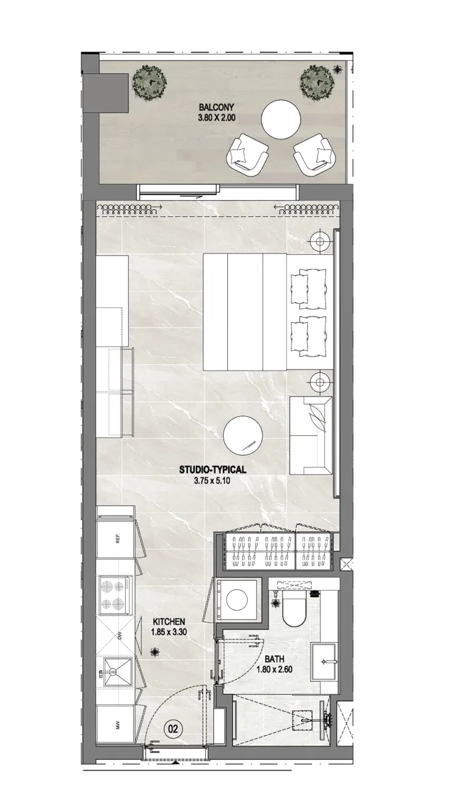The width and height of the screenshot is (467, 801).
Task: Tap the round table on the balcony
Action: [280, 119]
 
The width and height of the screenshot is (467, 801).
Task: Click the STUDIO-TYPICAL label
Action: [213, 469]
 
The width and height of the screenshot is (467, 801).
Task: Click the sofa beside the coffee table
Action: [311, 436]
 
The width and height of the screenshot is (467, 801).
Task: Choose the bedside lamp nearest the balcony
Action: [320, 241]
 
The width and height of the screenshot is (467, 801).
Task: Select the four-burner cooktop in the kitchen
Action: [115, 595]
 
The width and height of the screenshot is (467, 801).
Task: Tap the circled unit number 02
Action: [173, 729]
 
